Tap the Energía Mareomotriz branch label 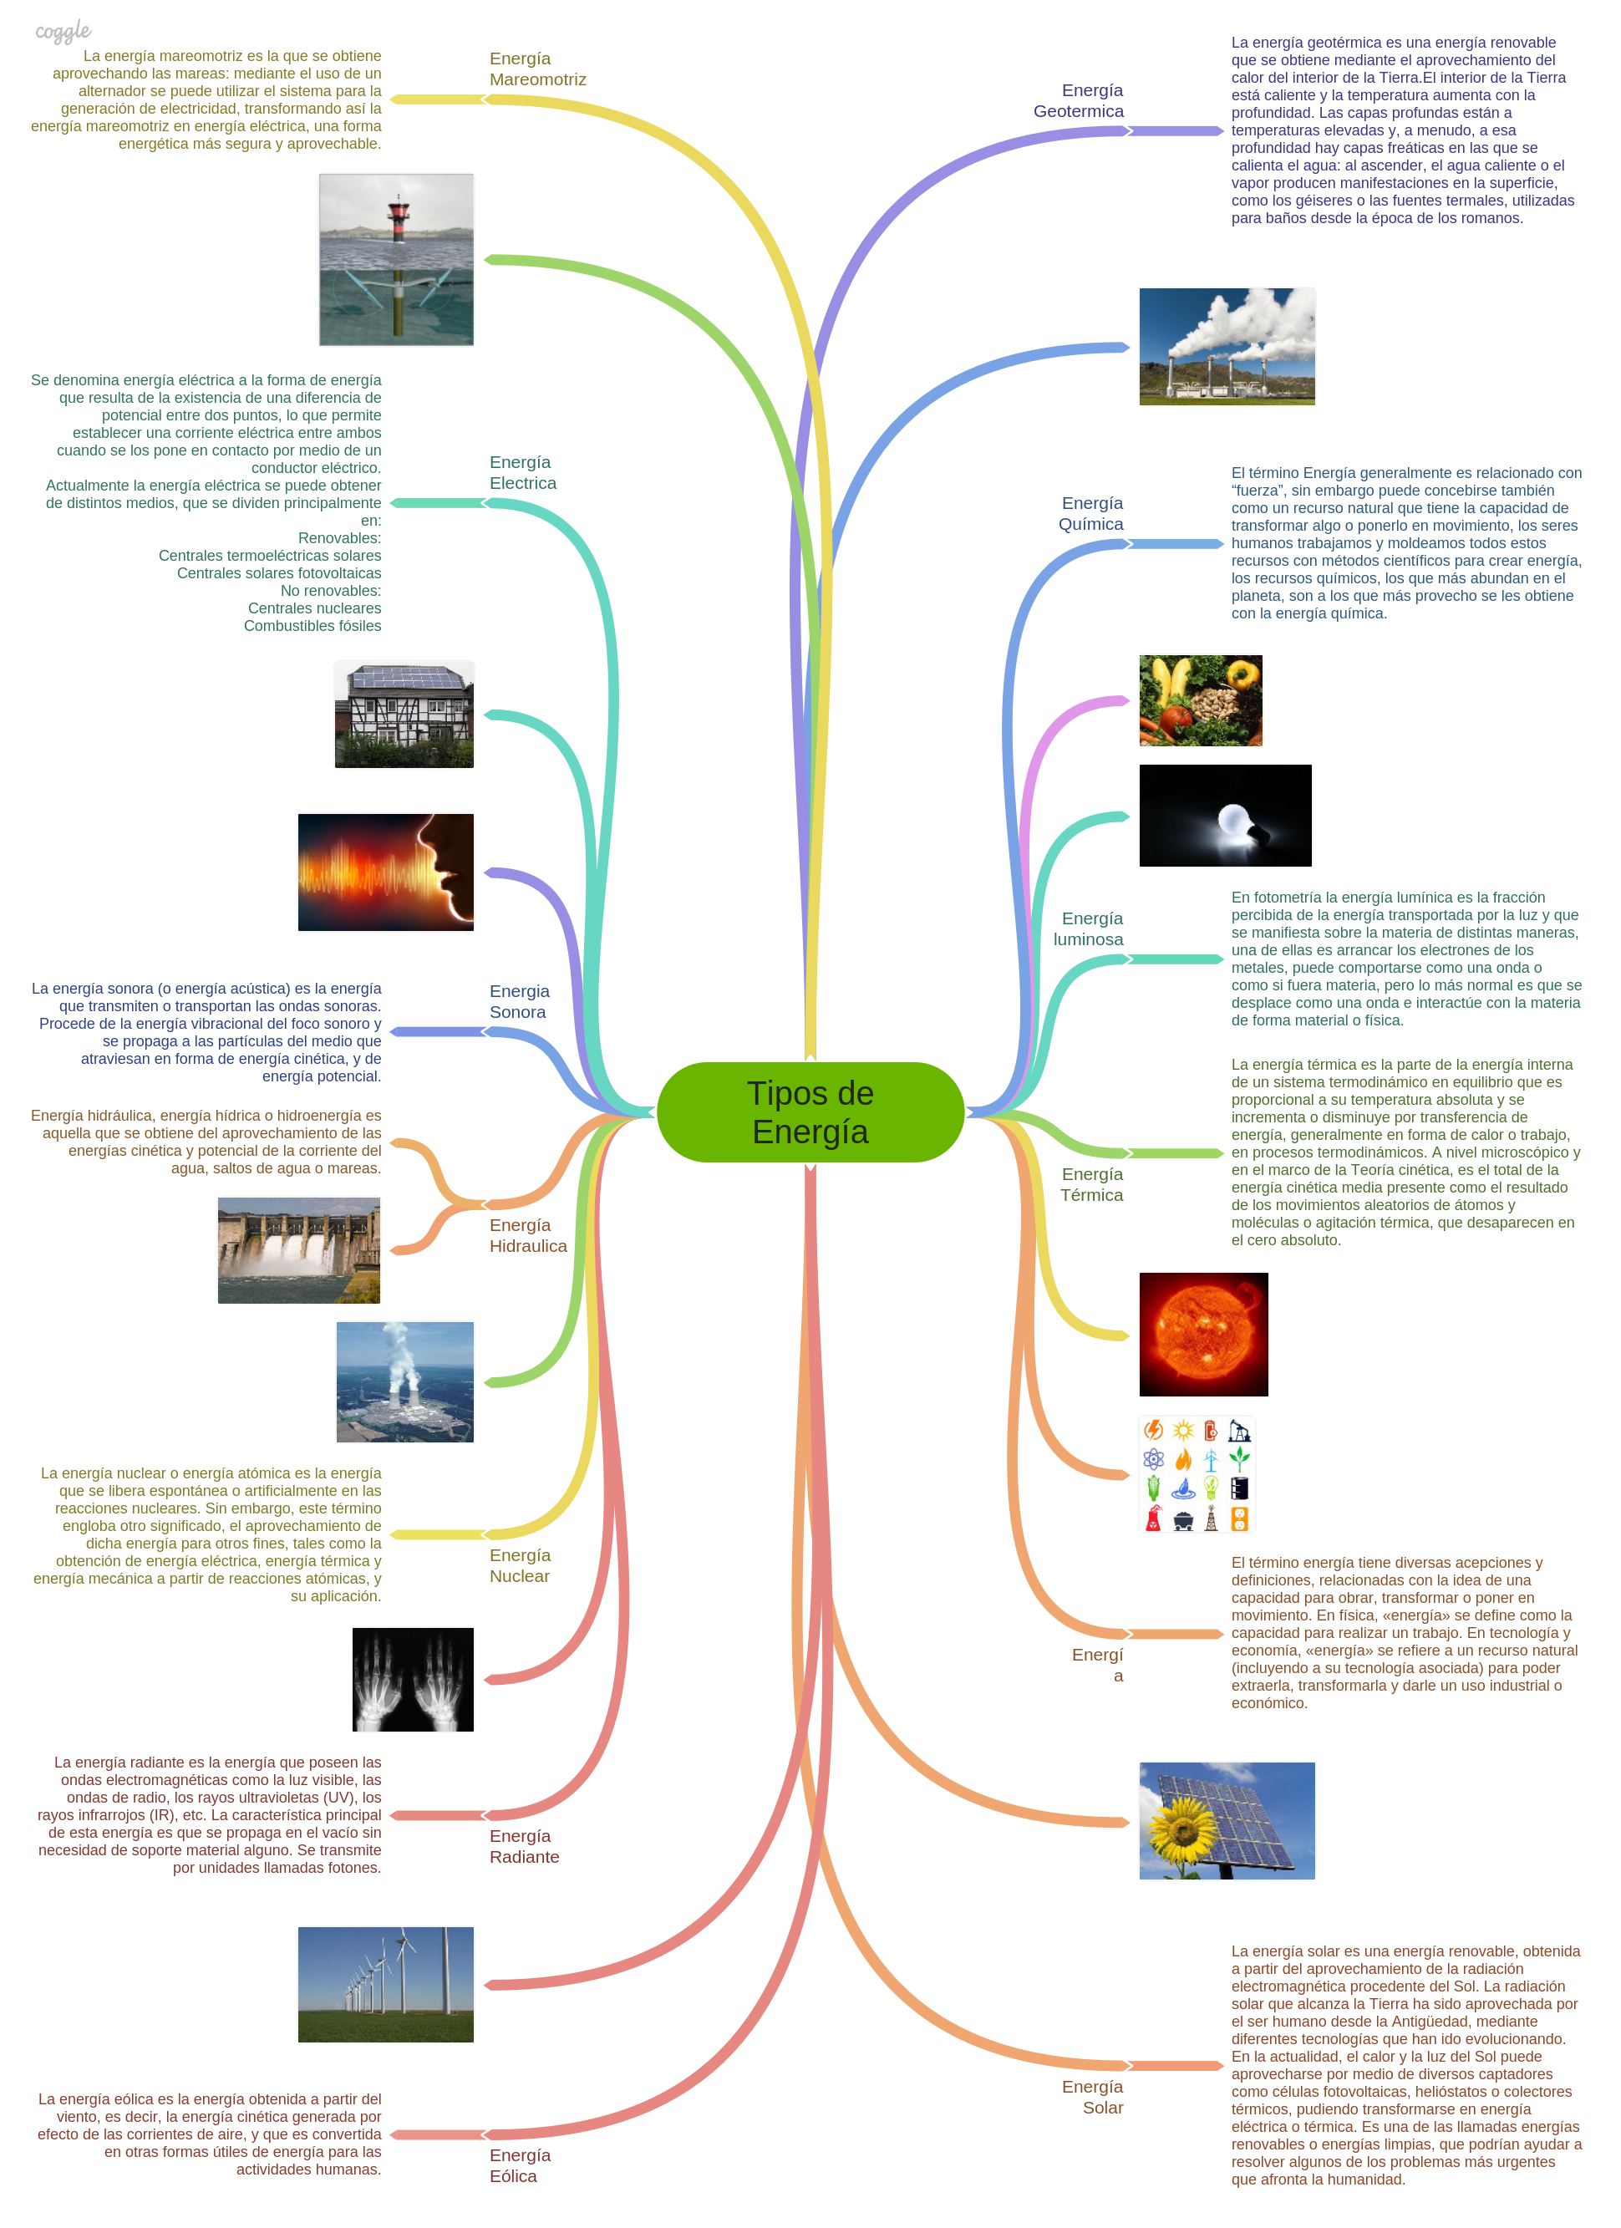coord(536,69)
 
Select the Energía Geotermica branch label coord(1078,100)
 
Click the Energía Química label coord(1090,513)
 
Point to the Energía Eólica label coord(520,2164)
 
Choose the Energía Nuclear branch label coord(520,1565)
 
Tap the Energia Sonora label coord(519,1001)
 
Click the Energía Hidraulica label coord(527,1235)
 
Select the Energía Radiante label coord(524,1846)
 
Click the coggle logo coord(63,32)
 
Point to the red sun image coord(1202,1333)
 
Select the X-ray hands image coord(413,1679)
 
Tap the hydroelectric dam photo coord(298,1249)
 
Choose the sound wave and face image coord(385,872)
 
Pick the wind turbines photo coord(385,1983)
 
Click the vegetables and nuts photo coord(1200,699)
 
